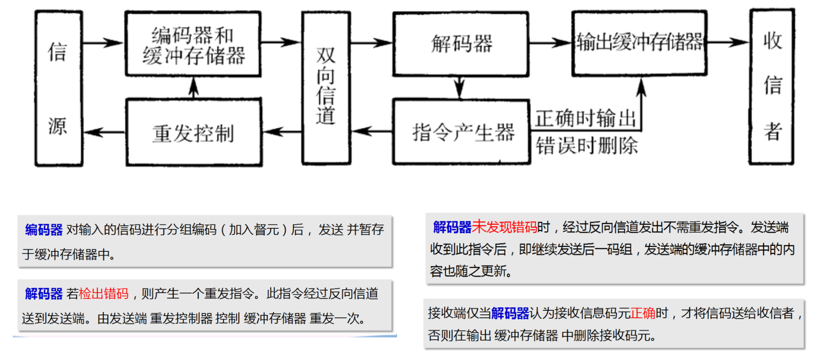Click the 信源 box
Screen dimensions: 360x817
click(x=58, y=89)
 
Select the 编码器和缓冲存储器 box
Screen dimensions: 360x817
click(x=193, y=44)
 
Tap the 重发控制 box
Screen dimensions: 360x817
click(x=193, y=133)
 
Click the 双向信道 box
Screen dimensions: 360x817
click(x=326, y=88)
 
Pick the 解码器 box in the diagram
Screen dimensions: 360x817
click(x=461, y=44)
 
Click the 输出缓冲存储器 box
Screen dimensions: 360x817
click(x=639, y=43)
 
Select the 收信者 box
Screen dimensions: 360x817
click(x=771, y=87)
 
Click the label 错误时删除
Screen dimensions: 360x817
click(x=586, y=146)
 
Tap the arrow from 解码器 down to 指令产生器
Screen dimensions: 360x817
click(x=459, y=88)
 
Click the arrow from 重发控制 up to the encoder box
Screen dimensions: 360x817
click(x=194, y=88)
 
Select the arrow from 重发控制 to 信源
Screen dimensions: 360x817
click(x=104, y=132)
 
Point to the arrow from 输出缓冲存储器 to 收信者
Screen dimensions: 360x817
click(x=728, y=43)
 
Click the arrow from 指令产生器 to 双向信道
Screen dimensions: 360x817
click(x=372, y=131)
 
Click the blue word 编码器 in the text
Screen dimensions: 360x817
click(x=44, y=230)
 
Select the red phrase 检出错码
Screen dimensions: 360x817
click(x=104, y=294)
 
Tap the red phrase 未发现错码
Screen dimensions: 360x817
click(x=504, y=227)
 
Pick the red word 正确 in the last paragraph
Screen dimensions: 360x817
click(x=643, y=313)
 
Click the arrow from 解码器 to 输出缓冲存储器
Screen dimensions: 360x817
click(x=550, y=43)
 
